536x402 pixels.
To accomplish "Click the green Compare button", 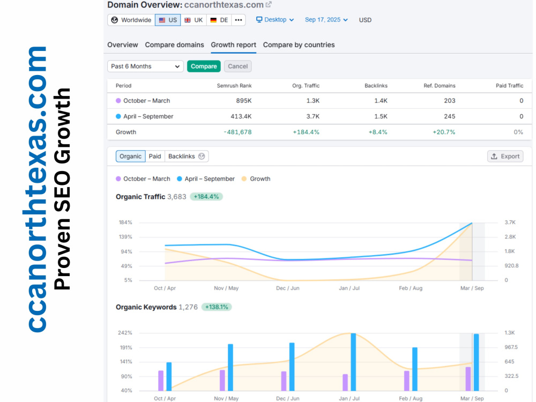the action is [x=204, y=66].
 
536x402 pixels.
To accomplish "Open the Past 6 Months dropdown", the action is [x=145, y=66].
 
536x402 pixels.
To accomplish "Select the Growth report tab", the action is [x=234, y=45].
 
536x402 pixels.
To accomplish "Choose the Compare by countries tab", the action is [x=299, y=45].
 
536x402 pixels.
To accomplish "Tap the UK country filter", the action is [x=193, y=20].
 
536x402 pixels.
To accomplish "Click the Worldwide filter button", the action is [x=131, y=20].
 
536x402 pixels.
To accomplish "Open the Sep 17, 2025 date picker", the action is [x=326, y=20].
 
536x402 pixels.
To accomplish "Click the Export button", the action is [x=505, y=156].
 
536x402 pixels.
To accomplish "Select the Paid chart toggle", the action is [x=155, y=156].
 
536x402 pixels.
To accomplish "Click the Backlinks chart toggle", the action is [x=187, y=156].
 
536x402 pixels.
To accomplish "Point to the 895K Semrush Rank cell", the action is [x=244, y=101].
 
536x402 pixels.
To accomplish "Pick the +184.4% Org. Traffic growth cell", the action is [x=306, y=132].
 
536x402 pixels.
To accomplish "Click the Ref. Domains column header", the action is [x=440, y=85].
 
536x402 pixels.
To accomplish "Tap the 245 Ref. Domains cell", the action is [x=450, y=116].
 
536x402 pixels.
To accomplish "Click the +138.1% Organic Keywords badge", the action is [x=217, y=307].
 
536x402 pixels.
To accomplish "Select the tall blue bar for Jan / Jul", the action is [x=353, y=362].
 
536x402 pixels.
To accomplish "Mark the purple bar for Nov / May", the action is [x=222, y=381].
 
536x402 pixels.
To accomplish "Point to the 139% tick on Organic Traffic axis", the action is [x=125, y=237].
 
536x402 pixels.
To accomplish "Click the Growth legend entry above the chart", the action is [x=256, y=179].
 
